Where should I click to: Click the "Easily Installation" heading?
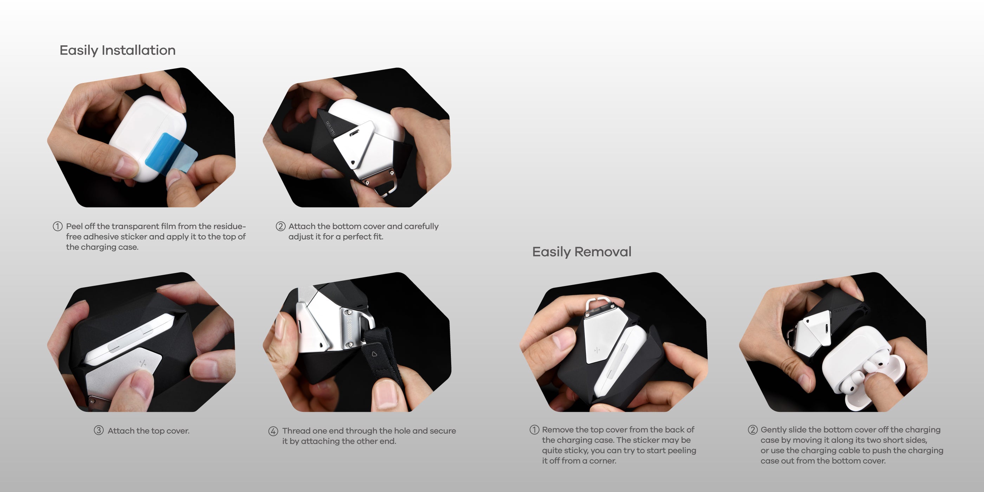coord(117,50)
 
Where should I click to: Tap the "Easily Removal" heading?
coord(581,252)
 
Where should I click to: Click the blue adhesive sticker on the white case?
coord(171,153)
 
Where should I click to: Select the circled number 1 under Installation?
coord(57,226)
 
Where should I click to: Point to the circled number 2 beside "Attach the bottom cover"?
coord(280,226)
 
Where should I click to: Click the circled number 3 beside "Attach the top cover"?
coord(98,430)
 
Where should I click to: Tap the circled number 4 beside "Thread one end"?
coord(273,431)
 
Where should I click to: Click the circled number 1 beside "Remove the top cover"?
coord(534,430)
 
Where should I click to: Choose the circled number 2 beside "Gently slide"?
coord(752,430)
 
